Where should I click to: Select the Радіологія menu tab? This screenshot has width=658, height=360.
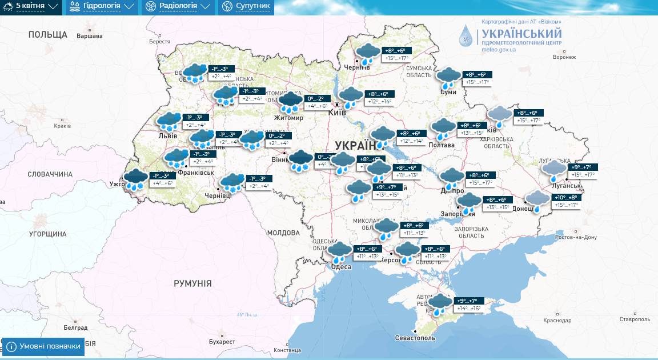(x=178, y=7)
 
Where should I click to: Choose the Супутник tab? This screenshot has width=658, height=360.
(x=246, y=7)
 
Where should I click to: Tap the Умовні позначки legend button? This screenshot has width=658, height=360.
(x=43, y=346)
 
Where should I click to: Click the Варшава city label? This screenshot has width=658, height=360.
(x=89, y=36)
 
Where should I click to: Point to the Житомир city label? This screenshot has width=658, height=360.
(x=288, y=118)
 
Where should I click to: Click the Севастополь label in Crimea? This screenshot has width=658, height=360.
(x=415, y=338)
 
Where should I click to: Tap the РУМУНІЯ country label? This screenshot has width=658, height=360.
(x=192, y=283)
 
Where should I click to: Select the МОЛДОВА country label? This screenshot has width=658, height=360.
(x=283, y=233)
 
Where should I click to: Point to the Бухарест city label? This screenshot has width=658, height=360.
(x=222, y=342)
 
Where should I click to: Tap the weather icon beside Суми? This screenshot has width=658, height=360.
(x=448, y=78)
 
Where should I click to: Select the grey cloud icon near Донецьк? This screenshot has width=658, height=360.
(x=537, y=200)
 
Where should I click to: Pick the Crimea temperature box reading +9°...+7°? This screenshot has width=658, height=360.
(x=467, y=301)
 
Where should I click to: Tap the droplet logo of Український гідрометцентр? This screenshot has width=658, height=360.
(x=467, y=35)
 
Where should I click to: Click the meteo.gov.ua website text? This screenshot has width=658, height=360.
(x=499, y=50)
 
